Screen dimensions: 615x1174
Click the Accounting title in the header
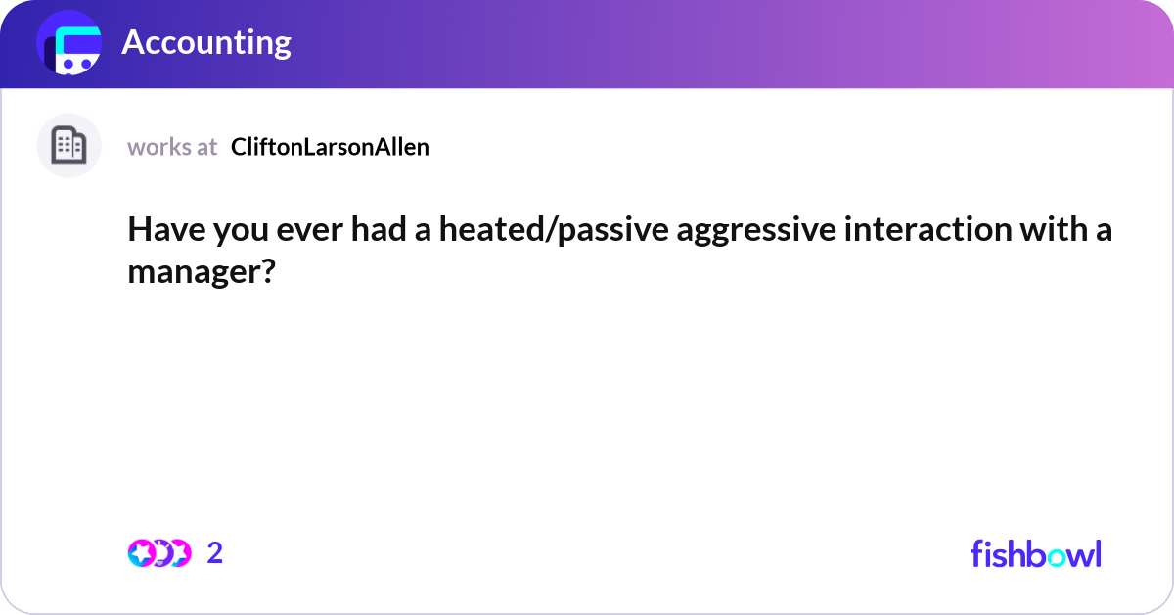[x=206, y=43]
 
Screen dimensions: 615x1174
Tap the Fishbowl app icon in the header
[x=69, y=45]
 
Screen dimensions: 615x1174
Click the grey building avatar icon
[x=68, y=146]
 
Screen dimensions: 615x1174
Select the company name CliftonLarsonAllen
[x=330, y=147]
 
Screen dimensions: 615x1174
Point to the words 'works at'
[x=172, y=147]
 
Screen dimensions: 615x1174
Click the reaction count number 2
[x=215, y=553]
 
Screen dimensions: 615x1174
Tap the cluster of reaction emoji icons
[x=159, y=553]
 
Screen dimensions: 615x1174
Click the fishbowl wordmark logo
[x=1035, y=553]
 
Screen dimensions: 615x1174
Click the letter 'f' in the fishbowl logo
[x=976, y=553]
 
